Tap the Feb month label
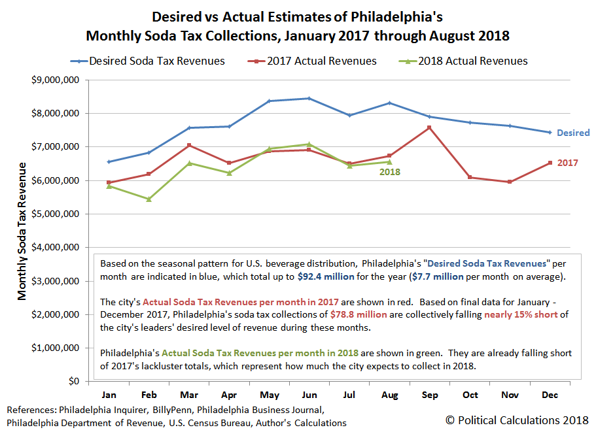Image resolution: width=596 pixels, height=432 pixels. point(149,395)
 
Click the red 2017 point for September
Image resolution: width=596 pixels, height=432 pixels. point(429,127)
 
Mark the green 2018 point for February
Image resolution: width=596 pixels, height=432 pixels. point(149,199)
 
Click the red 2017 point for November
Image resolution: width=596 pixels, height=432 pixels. point(510,182)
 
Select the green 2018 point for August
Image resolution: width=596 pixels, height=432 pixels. point(389,162)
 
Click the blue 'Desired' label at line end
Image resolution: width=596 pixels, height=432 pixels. point(573,133)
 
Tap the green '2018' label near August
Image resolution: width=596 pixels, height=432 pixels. point(389,173)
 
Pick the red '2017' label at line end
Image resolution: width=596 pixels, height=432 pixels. point(567,163)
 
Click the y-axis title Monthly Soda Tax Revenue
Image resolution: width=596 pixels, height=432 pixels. point(22,231)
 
